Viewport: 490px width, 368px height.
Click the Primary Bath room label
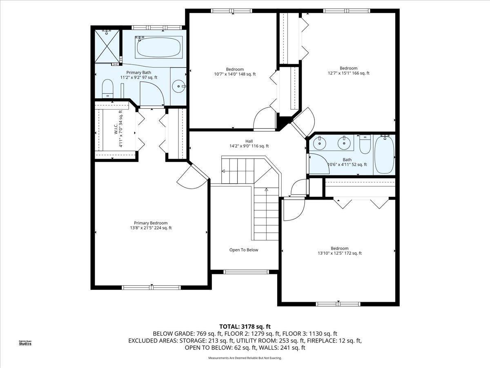pos(138,75)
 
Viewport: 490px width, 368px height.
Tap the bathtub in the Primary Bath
pos(159,47)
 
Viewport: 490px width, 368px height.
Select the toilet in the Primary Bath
pos(108,88)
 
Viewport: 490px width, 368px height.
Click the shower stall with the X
pos(107,46)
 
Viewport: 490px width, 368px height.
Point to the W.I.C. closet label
pos(118,129)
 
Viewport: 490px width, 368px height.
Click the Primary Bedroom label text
pos(151,225)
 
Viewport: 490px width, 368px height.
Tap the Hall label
pos(249,144)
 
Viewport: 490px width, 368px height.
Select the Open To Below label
pos(244,250)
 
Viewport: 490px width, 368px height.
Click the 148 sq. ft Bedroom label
pos(235,72)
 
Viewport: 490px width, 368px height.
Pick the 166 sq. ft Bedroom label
pos(348,71)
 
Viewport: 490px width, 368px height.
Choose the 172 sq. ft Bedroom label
pos(340,251)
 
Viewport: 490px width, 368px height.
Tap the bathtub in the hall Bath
pos(384,155)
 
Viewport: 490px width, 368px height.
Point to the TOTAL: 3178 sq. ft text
pos(245,326)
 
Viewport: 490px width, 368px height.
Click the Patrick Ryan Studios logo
pos(25,343)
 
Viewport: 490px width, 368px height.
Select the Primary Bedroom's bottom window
pos(151,287)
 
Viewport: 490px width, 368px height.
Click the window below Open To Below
pos(246,272)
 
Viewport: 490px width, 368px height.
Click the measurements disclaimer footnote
pos(245,358)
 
